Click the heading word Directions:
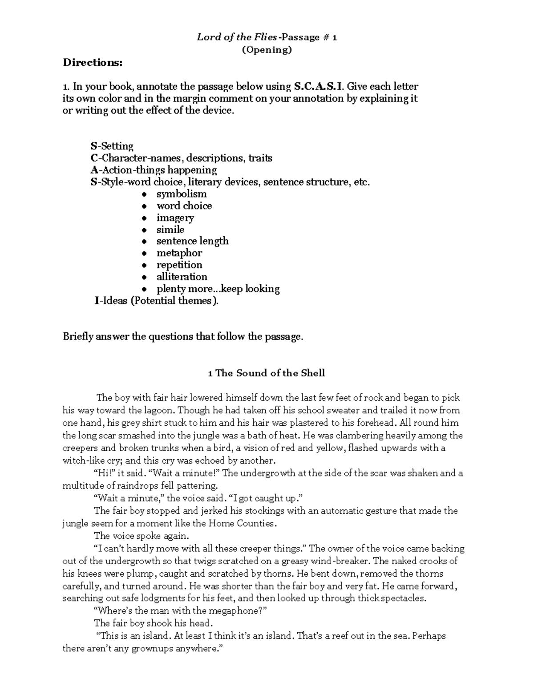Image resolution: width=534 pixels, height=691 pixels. pos(92,62)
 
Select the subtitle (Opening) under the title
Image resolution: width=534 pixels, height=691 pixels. pos(267,49)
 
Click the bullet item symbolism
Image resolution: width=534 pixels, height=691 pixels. pos(181,194)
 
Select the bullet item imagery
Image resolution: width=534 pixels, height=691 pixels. pos(175,218)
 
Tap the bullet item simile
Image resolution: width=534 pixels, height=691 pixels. pos(170,230)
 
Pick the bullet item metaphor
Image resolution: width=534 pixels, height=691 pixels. pos(179,253)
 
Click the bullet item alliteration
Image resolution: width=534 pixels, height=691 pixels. pos(182,277)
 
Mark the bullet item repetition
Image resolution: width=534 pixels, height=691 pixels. pos(179,265)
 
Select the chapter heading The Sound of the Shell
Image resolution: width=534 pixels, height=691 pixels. pos(270,373)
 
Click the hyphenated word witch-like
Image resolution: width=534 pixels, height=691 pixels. pos(81,461)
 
